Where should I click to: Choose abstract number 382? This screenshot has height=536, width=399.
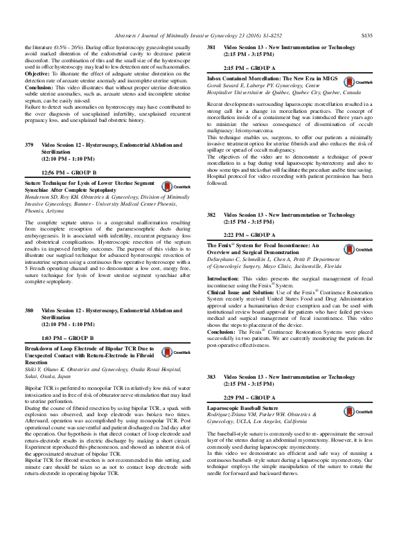point(212,216)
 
